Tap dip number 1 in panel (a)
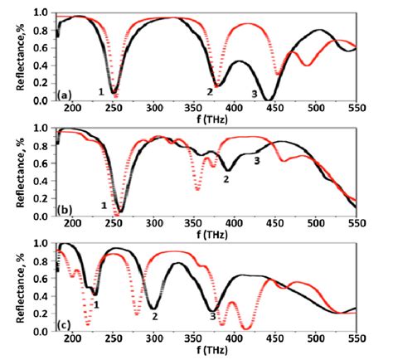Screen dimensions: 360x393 tap(101, 91)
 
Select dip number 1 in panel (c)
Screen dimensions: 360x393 tap(98, 304)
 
